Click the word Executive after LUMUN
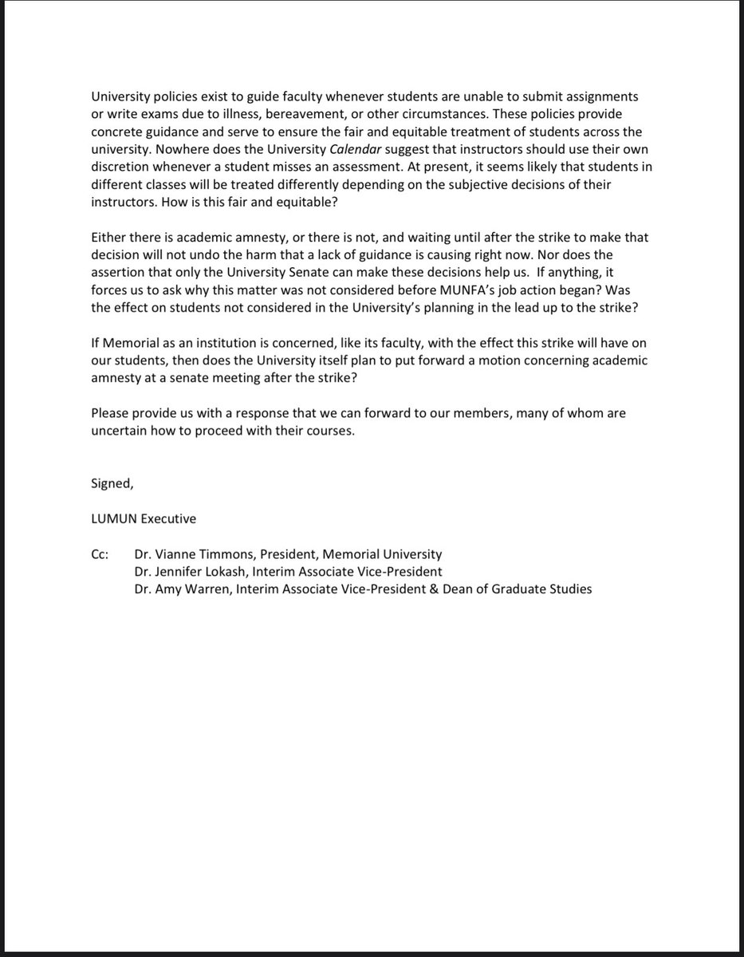(x=168, y=518)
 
